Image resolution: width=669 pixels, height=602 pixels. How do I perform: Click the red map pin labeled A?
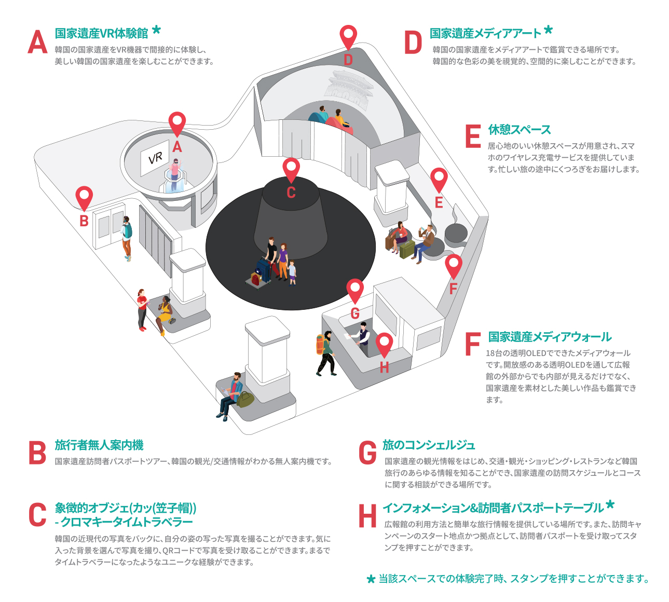point(177,124)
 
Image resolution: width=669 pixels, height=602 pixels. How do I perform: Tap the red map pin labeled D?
point(348,37)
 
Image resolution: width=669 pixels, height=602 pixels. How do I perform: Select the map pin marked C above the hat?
point(291,170)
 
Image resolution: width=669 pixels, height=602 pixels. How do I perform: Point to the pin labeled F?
point(454,266)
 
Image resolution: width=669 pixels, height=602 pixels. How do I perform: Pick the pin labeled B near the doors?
point(84,198)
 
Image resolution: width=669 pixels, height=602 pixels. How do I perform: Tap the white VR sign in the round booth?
point(155,157)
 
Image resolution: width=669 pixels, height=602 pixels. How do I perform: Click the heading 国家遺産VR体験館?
point(102,34)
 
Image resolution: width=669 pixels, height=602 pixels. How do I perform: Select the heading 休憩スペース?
point(520,130)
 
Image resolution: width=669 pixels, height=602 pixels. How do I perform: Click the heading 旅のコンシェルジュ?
point(429,445)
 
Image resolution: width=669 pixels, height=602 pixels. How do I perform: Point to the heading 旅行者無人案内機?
point(99,445)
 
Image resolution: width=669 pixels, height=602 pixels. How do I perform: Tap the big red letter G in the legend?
point(367,453)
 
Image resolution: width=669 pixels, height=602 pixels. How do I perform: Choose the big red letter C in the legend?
point(37,515)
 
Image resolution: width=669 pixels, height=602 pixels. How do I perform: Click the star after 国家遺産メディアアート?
point(548,30)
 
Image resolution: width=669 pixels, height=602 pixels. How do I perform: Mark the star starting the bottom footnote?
point(371,579)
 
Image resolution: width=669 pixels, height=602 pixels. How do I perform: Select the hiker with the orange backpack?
point(325,352)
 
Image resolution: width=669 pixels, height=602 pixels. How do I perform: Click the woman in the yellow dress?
point(165,312)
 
